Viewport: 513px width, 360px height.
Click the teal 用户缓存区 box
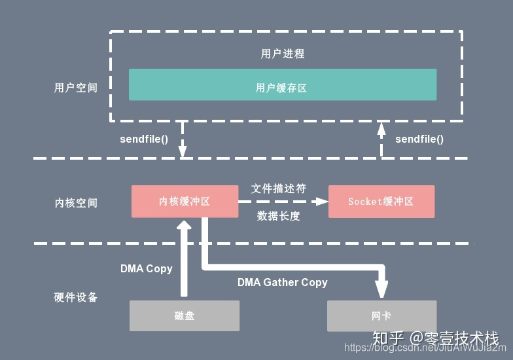tap(282, 84)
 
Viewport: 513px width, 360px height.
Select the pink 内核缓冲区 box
tap(185, 202)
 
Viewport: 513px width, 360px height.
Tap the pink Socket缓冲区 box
tap(381, 202)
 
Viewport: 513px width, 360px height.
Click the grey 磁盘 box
tap(185, 315)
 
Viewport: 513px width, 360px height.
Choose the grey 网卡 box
tap(381, 315)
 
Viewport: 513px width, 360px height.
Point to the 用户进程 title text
tap(283, 54)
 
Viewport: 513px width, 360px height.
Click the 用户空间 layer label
tap(75, 88)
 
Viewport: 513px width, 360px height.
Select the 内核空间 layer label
tap(76, 203)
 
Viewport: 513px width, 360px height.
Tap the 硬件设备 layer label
tap(75, 297)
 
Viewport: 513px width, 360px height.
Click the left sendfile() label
tap(144, 139)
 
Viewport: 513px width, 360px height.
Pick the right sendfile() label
tap(419, 139)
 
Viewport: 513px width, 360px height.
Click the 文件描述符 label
tap(279, 189)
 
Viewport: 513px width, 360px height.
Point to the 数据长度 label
tap(279, 216)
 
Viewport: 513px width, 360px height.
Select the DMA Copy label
tap(146, 268)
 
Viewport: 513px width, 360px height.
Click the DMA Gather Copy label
tap(282, 282)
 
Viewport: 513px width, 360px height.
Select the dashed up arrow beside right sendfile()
tap(381, 139)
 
